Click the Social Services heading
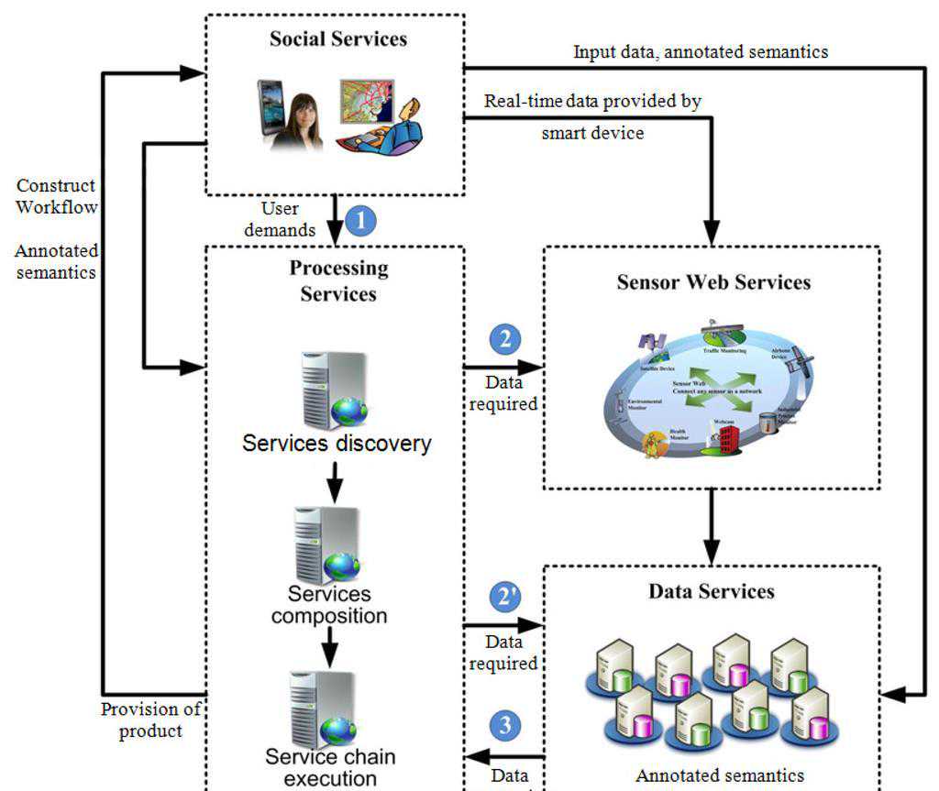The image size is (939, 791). tap(338, 39)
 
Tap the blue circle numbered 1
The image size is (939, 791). tap(361, 222)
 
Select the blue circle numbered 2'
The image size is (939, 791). tap(505, 597)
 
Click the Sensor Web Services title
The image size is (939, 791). tap(713, 282)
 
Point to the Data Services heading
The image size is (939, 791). tap(712, 591)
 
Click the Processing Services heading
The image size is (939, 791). tap(338, 280)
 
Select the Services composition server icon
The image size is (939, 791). tap(327, 544)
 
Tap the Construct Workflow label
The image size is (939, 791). tap(56, 196)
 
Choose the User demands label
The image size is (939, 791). tap(280, 219)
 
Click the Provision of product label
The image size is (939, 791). tap(150, 720)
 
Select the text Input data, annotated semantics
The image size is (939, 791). tap(701, 52)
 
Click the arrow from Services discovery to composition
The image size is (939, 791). tap(335, 481)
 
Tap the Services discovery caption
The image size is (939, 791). tap(337, 444)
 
